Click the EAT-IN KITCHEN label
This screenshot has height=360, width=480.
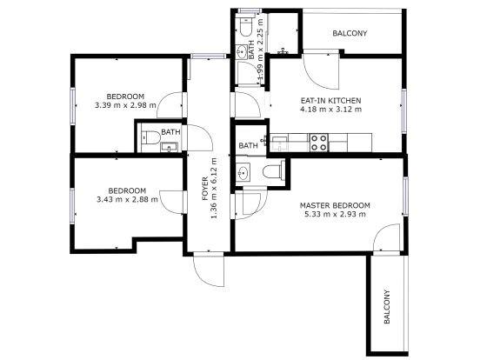(324, 101)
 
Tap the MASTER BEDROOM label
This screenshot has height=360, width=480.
(335, 205)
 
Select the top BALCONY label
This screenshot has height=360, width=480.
(350, 34)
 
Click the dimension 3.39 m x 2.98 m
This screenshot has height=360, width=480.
(125, 105)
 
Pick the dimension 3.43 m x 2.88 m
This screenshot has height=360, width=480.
(127, 199)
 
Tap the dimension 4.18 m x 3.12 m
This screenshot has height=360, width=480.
(324, 110)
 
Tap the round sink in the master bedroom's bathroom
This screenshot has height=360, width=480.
(246, 172)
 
